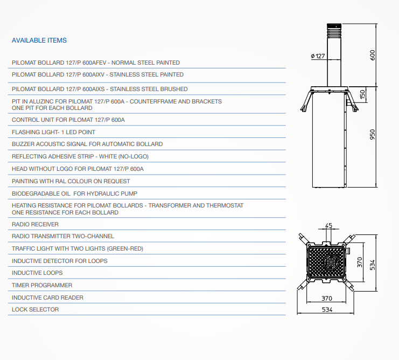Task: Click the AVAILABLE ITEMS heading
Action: (x=39, y=40)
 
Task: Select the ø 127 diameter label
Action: (x=318, y=56)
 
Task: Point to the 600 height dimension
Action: (x=372, y=55)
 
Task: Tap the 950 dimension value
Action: (x=372, y=134)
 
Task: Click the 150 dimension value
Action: (x=362, y=94)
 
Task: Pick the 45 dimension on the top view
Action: (x=329, y=225)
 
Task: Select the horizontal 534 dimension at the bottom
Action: (x=327, y=309)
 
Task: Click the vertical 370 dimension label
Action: (x=360, y=262)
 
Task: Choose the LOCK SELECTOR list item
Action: (x=35, y=309)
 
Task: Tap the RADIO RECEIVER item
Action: (x=35, y=224)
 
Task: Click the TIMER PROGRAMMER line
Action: (x=42, y=285)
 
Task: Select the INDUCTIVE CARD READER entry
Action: (x=47, y=297)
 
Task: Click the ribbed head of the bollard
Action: (x=334, y=31)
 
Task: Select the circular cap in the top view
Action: (x=331, y=261)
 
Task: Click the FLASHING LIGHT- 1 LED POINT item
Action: (x=53, y=132)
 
